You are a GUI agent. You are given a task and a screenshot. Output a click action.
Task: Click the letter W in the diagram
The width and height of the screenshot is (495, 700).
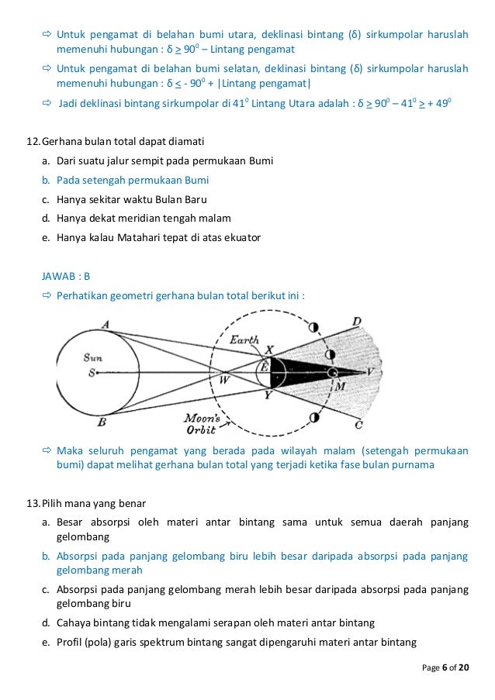point(225,378)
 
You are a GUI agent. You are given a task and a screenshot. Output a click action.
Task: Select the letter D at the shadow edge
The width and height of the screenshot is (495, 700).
point(356,321)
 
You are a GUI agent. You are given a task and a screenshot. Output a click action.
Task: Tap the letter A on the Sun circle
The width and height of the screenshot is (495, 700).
point(105,324)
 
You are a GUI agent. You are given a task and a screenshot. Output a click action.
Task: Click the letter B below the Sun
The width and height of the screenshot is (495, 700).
point(102,422)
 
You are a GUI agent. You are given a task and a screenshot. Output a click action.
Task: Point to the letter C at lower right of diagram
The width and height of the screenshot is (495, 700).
point(358,425)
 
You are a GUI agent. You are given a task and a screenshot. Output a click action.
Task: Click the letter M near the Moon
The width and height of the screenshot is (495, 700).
point(340,386)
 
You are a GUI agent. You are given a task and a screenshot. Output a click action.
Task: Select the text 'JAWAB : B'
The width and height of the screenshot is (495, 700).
point(66,275)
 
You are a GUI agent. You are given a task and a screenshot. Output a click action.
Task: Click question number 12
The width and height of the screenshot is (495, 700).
point(33,141)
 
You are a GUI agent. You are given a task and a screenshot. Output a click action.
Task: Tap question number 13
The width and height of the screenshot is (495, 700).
point(33,502)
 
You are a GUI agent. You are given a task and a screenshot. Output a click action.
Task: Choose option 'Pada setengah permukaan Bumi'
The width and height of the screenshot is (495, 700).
point(133,180)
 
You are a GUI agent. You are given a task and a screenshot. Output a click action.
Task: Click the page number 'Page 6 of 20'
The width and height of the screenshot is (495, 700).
point(445,667)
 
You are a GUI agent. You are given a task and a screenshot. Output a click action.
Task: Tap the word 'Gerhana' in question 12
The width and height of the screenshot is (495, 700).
point(63,141)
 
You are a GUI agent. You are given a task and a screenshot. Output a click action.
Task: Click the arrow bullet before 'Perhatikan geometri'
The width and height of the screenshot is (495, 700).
point(46,295)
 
